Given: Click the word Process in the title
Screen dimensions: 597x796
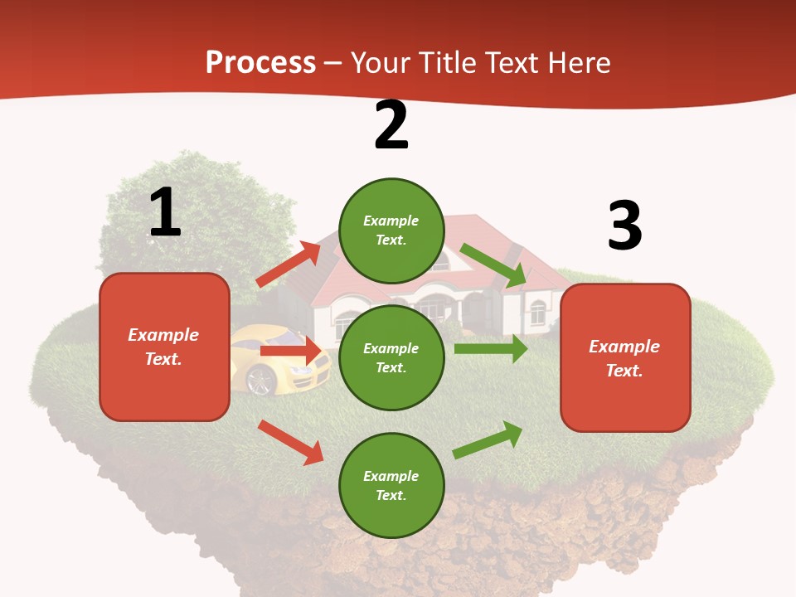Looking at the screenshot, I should pyautogui.click(x=260, y=63).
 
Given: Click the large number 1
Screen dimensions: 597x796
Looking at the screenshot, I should pyautogui.click(x=165, y=212).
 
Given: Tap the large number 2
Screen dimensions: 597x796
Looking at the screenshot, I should pyautogui.click(x=391, y=125).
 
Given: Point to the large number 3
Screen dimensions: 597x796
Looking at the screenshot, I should pyautogui.click(x=624, y=226).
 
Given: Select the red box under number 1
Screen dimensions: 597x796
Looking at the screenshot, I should pyautogui.click(x=164, y=347).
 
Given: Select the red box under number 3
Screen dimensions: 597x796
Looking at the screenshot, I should pyautogui.click(x=625, y=357).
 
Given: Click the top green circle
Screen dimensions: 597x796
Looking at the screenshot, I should pyautogui.click(x=391, y=230).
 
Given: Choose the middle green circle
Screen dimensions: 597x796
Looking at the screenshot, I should pyautogui.click(x=391, y=357).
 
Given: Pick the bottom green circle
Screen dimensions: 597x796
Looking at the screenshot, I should pyautogui.click(x=391, y=485).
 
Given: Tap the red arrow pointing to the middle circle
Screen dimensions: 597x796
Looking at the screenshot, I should pyautogui.click(x=290, y=352).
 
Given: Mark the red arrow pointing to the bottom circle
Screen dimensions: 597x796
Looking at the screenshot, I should pyautogui.click(x=290, y=442).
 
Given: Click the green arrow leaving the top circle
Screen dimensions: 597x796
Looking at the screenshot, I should pyautogui.click(x=493, y=265).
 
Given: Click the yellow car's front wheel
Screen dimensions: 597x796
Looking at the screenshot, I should pyautogui.click(x=262, y=379).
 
